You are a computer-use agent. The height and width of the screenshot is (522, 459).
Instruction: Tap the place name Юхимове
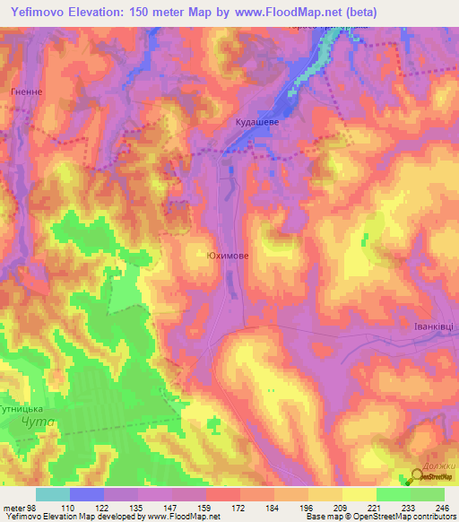(228, 256)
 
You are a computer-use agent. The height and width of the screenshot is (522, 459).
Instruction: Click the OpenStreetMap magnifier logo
(419, 475)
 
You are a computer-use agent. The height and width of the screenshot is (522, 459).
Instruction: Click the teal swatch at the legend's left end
(53, 494)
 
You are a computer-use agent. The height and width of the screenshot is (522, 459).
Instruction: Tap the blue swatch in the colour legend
(87, 494)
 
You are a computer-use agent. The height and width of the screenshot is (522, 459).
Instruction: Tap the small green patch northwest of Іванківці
(366, 239)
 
